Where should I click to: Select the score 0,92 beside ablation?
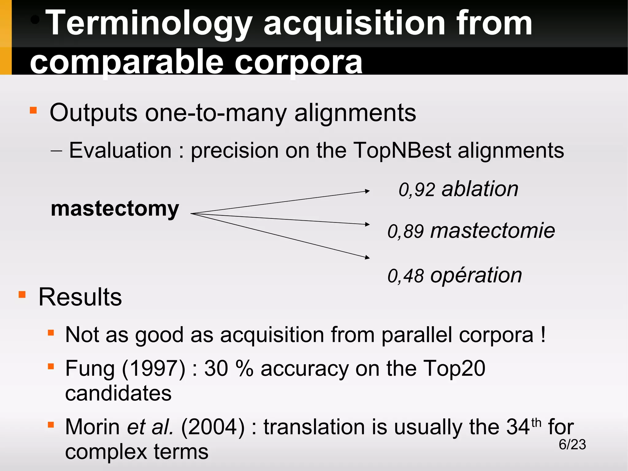click(417, 190)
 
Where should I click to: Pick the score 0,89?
click(406, 231)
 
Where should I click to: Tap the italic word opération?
click(476, 275)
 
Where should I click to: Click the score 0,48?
click(406, 276)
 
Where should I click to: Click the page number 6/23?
click(572, 444)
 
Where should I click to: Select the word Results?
click(80, 297)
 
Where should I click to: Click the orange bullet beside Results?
click(22, 295)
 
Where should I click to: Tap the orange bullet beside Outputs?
click(33, 110)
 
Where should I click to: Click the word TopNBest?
click(402, 150)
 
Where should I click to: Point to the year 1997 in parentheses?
click(154, 368)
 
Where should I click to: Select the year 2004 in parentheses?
click(213, 427)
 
